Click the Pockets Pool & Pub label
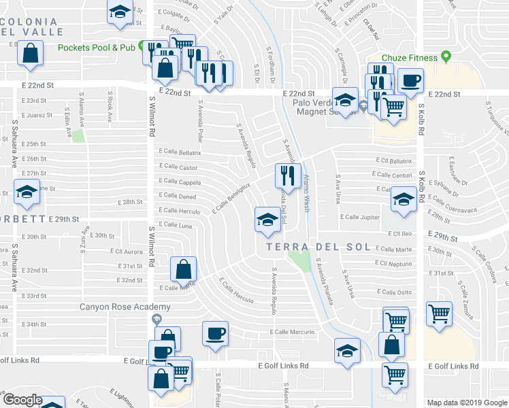(97, 48)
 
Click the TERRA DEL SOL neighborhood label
(318, 248)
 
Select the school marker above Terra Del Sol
(267, 219)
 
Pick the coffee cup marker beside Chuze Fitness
(410, 80)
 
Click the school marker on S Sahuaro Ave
(26, 192)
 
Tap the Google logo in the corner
(22, 400)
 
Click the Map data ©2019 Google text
(467, 403)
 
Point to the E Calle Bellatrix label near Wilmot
(180, 152)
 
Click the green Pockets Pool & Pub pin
(144, 47)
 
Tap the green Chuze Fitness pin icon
(446, 57)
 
